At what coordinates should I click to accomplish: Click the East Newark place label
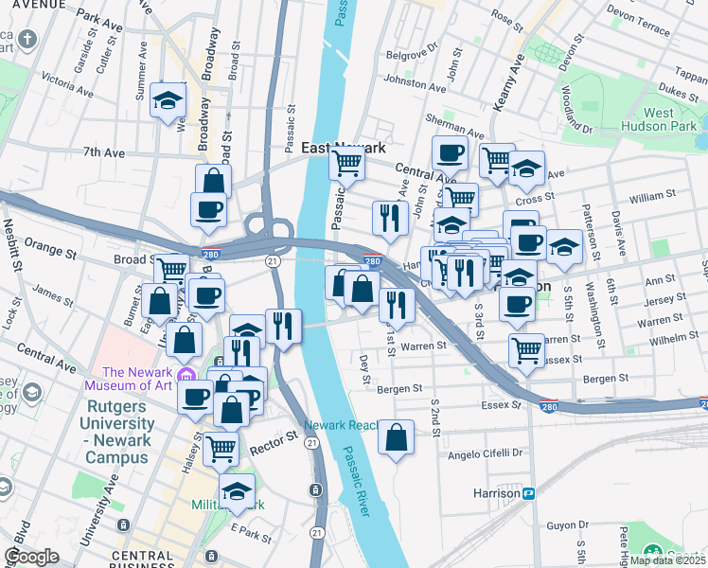point(344,148)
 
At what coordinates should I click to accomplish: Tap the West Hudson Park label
point(659,119)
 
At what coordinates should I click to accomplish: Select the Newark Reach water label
point(342,425)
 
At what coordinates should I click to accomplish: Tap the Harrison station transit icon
point(530,493)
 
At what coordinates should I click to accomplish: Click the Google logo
point(31,557)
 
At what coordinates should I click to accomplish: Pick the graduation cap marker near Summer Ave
point(168,101)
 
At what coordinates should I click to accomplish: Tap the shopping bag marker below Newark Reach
point(397,437)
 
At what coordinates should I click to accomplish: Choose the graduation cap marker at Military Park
point(237,491)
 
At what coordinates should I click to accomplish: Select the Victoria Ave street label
point(62,87)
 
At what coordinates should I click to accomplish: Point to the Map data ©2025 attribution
point(668,560)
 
